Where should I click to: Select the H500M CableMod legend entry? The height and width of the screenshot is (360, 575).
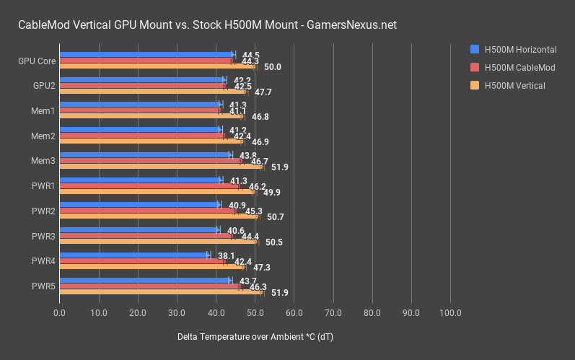[514, 67]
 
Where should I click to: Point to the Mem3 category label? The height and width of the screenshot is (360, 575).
[43, 161]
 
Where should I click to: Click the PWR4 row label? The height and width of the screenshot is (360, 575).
[43, 260]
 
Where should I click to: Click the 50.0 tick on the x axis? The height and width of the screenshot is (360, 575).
[255, 313]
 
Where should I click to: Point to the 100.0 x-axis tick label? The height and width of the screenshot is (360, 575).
[450, 313]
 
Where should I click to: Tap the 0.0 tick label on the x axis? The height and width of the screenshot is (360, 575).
[60, 313]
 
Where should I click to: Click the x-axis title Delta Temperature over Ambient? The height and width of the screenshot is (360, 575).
[255, 337]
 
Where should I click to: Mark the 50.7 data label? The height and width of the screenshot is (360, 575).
[275, 217]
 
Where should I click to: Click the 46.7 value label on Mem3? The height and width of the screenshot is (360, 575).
[260, 162]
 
